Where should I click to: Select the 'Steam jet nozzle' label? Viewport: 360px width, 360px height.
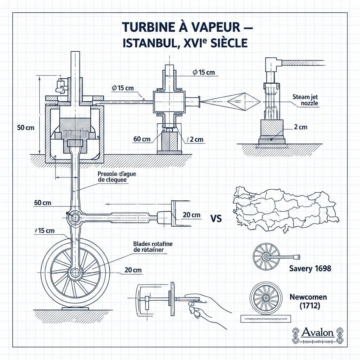point(306,100)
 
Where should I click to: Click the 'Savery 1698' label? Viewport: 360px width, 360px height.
point(310,269)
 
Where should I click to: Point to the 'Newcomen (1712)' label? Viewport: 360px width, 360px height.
point(308,301)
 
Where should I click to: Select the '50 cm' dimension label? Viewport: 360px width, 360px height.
point(26,128)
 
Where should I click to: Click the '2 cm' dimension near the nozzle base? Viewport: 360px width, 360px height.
point(301,127)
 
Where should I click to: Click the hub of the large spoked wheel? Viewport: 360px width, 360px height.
point(75,273)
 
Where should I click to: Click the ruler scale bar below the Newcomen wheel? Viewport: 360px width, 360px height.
point(266,319)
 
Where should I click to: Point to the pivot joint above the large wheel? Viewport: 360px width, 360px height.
point(75,217)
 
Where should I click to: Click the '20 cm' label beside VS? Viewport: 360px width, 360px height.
point(192,215)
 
